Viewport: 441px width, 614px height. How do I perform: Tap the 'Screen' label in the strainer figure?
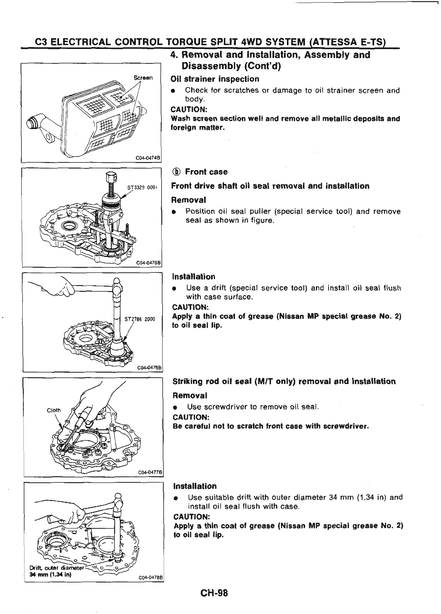(143, 78)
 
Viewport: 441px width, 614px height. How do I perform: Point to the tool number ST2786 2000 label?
(140, 319)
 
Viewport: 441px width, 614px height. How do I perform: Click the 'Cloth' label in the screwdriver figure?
(54, 410)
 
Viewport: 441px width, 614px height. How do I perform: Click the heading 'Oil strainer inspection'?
(215, 79)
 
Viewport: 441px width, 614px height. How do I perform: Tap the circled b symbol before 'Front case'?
(177, 172)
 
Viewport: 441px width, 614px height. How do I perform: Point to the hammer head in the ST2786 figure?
(118, 287)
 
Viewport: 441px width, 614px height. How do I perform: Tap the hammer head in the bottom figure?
(118, 496)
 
